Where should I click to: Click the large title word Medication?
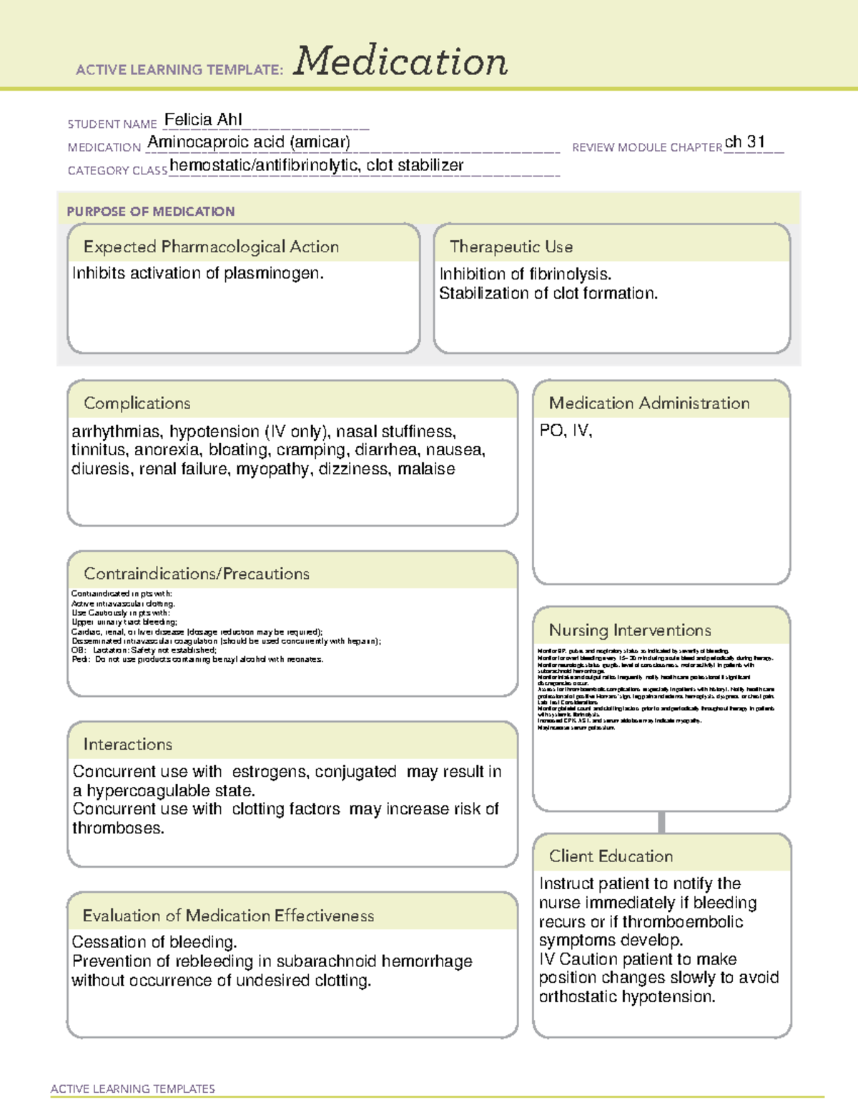[x=400, y=61]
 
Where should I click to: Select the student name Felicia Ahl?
[x=203, y=119]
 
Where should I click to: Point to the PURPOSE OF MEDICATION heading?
[x=150, y=212]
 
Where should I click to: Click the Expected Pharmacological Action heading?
[x=211, y=247]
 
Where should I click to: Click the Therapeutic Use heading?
[x=511, y=247]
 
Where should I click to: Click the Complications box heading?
[x=137, y=403]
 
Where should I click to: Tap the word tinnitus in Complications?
[x=99, y=450]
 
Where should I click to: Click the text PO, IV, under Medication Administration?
[x=566, y=431]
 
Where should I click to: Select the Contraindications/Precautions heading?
[x=196, y=574]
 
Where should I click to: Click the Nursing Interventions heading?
[x=629, y=630]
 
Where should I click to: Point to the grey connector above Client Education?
[x=661, y=822]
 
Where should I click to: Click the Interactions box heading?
[x=127, y=745]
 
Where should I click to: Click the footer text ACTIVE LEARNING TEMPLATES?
[x=132, y=1089]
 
